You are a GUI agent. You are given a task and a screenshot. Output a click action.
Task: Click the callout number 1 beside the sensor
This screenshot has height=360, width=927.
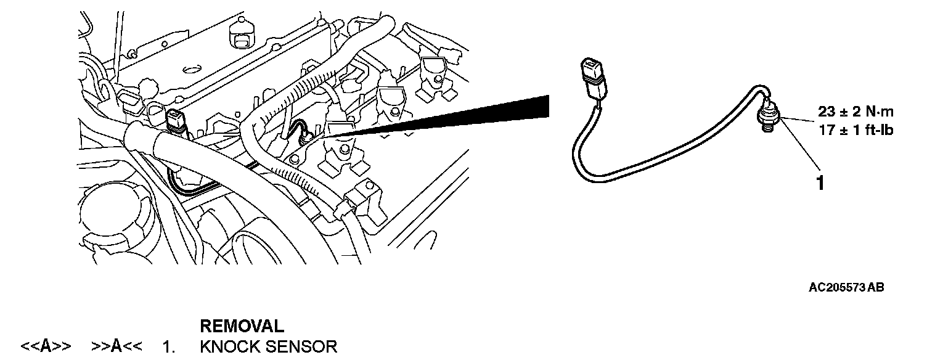[820, 183]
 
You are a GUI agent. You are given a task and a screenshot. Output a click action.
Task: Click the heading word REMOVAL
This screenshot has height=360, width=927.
[242, 326]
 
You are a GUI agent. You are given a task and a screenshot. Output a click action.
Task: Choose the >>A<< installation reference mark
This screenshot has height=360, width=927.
[117, 347]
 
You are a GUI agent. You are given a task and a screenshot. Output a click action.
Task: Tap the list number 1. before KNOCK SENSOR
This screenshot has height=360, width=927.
[168, 347]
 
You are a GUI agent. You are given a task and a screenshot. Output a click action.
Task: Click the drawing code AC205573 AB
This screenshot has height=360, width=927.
[847, 288]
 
